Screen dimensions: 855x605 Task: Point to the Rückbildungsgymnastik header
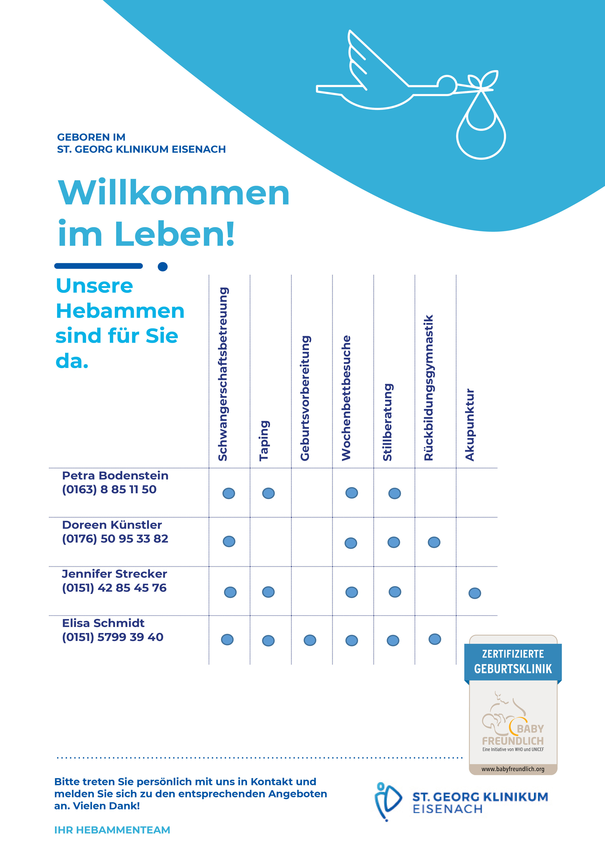429,387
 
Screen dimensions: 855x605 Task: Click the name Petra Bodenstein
115,475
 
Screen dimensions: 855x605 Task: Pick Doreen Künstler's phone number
115,538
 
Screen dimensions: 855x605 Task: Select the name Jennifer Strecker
114,574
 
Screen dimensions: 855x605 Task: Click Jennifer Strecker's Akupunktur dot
475,593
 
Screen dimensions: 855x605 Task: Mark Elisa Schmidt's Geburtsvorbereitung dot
310,640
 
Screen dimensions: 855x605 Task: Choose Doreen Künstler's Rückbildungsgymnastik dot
434,542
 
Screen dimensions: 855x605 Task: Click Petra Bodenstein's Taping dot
268,493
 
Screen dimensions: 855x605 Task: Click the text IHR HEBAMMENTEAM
112,830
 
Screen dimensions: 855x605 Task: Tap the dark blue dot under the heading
163,267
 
